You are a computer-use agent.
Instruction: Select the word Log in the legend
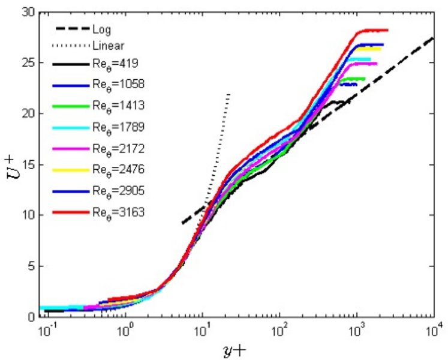click(x=100, y=29)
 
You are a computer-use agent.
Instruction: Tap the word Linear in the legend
click(x=106, y=45)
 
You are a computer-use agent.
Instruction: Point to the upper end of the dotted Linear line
click(x=229, y=94)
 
